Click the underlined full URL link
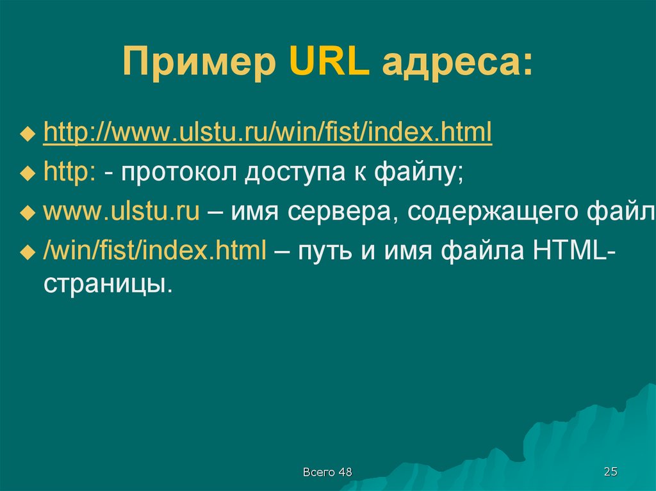click(268, 132)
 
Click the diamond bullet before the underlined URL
click(28, 134)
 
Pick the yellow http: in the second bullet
click(70, 172)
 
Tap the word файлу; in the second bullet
click(419, 172)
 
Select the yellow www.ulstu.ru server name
click(121, 212)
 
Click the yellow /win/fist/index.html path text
click(155, 250)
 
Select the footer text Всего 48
click(327, 472)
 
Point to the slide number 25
click(611, 472)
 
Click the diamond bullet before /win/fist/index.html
click(28, 253)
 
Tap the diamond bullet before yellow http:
click(28, 173)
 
